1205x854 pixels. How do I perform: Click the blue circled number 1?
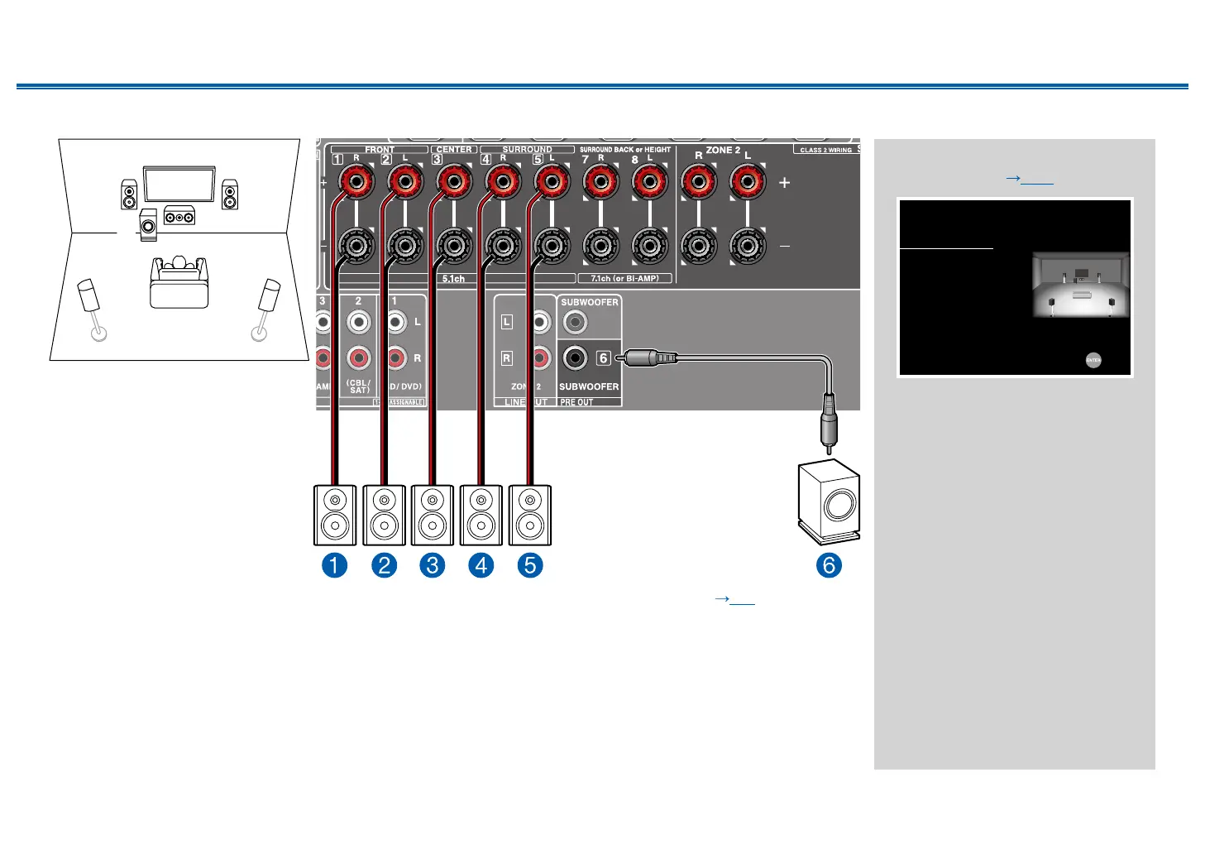[334, 566]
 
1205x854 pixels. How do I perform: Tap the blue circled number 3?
[432, 566]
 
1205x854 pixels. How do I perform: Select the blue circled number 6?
[829, 566]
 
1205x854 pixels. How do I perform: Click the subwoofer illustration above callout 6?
[829, 501]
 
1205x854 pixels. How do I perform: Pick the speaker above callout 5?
[530, 515]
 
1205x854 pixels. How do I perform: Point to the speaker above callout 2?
[384, 515]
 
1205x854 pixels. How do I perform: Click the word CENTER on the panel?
[454, 150]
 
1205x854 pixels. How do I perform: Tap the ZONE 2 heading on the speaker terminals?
[723, 150]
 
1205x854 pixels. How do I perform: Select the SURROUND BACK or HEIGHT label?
[625, 150]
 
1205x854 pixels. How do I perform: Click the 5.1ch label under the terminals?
[453, 279]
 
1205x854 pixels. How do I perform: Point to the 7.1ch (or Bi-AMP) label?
[625, 279]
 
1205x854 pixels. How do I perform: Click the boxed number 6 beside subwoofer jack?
[604, 358]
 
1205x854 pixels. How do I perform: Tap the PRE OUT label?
[576, 402]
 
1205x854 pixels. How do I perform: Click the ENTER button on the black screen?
[1093, 360]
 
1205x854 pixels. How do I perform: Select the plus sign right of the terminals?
[784, 182]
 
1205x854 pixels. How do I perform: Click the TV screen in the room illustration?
[179, 184]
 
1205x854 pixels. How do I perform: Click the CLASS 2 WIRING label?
[825, 150]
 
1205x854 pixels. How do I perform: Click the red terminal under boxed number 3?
[454, 181]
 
